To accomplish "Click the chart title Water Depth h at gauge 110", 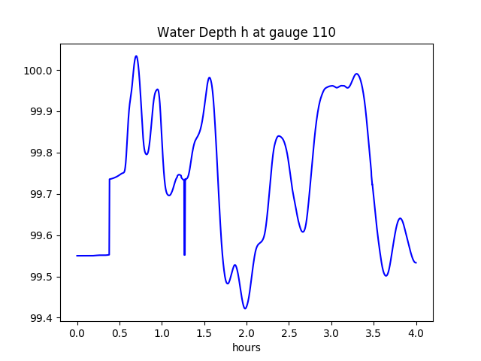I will coord(246,32).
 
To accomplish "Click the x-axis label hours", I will coord(246,348).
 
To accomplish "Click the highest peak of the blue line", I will coord(136,56).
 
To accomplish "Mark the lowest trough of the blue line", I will coord(245,308).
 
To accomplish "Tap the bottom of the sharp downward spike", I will coord(184,255).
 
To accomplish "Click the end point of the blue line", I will coord(416,262).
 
